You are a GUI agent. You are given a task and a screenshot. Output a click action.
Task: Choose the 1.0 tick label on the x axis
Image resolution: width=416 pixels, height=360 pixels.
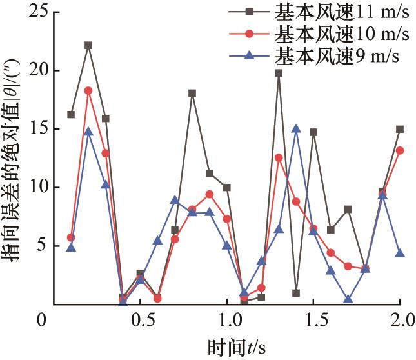(227, 321)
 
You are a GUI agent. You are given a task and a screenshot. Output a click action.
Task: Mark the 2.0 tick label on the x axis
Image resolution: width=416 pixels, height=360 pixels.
(400, 321)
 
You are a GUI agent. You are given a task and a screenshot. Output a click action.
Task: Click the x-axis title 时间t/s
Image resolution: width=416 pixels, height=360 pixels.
(236, 347)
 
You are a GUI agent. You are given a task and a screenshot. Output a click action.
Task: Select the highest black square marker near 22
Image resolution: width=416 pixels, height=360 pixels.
(88, 45)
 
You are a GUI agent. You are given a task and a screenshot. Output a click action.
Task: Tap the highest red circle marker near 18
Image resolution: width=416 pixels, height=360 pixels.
(88, 90)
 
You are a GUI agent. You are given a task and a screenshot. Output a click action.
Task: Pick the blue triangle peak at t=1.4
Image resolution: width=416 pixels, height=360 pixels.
(296, 129)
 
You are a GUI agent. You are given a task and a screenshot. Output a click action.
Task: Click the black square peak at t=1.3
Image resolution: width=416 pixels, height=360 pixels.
(279, 73)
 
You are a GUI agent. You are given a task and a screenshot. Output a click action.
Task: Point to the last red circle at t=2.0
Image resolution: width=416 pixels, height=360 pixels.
(400, 150)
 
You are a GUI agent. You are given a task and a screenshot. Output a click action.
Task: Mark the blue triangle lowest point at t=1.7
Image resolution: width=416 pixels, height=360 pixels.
(348, 299)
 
